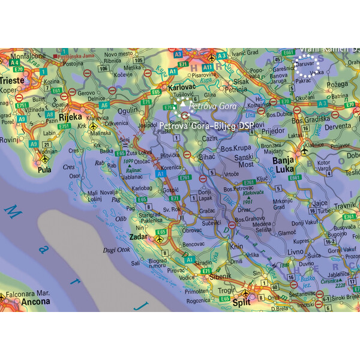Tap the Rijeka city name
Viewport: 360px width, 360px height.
click(x=70, y=117)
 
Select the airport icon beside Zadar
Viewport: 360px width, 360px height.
click(x=160, y=239)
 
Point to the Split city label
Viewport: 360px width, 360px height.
click(x=241, y=302)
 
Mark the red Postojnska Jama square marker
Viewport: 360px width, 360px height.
click(x=56, y=57)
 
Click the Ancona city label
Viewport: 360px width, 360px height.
click(x=19, y=302)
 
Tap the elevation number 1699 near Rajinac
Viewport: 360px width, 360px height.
click(x=127, y=162)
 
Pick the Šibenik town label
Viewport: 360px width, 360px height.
click(x=219, y=277)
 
